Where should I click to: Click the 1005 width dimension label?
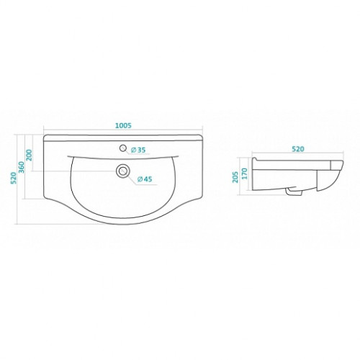click(123, 125)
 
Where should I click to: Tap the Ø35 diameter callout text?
click(138, 150)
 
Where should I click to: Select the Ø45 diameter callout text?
click(145, 179)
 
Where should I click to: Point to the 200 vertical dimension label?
click(29, 155)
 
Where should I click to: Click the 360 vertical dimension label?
click(22, 167)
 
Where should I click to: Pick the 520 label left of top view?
click(14, 178)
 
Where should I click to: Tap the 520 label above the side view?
click(298, 149)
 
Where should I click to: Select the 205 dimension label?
click(235, 177)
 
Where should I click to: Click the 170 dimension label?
click(244, 174)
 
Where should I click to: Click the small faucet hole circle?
click(123, 148)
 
